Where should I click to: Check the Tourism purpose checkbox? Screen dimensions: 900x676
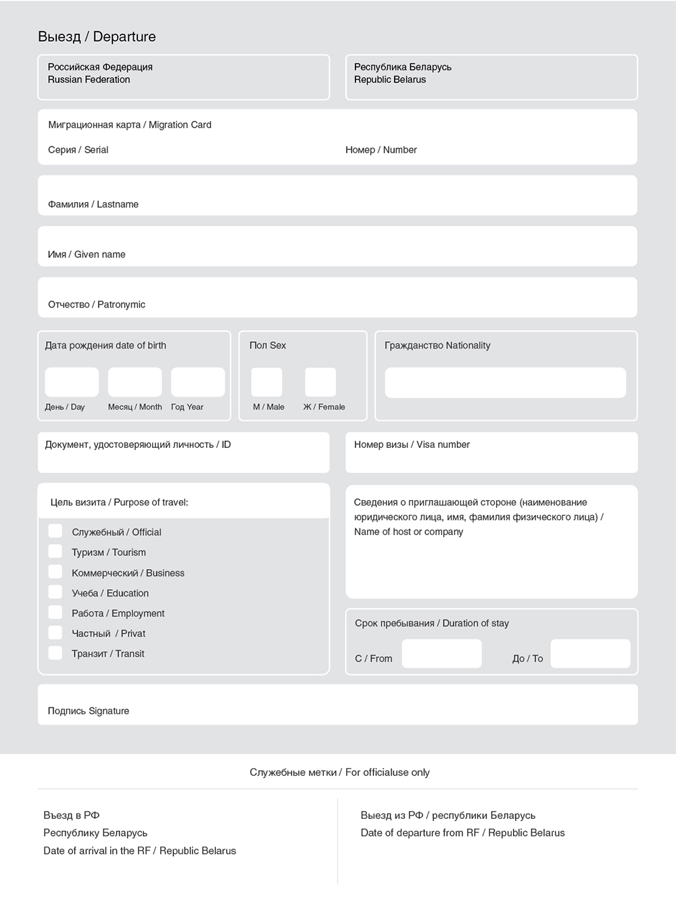(x=55, y=551)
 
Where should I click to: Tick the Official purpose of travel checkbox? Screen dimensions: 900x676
(x=55, y=531)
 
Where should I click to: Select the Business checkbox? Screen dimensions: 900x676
(x=55, y=572)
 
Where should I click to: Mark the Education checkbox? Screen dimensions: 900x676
(x=55, y=592)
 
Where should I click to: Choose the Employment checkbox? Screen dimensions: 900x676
(x=55, y=612)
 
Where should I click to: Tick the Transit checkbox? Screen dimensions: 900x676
(x=55, y=653)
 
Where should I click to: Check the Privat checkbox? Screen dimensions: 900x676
(x=55, y=632)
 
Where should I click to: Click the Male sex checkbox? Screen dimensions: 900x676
(x=266, y=382)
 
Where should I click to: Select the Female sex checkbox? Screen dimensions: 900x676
(x=320, y=382)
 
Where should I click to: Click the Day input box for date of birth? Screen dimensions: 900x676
(x=72, y=382)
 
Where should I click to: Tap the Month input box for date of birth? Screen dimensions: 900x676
(x=135, y=382)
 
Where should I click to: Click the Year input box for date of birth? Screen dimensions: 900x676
(x=197, y=382)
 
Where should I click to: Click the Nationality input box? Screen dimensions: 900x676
(x=505, y=383)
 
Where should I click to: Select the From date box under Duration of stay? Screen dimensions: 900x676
(x=441, y=653)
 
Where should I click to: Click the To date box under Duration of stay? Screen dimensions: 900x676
(x=590, y=653)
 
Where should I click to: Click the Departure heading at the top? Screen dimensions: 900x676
(x=97, y=36)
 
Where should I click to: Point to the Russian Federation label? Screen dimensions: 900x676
(x=89, y=80)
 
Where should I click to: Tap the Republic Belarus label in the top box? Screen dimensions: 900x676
(x=390, y=80)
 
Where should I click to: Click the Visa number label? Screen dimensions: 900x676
(x=412, y=445)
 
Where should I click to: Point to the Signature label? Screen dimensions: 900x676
(x=88, y=711)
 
